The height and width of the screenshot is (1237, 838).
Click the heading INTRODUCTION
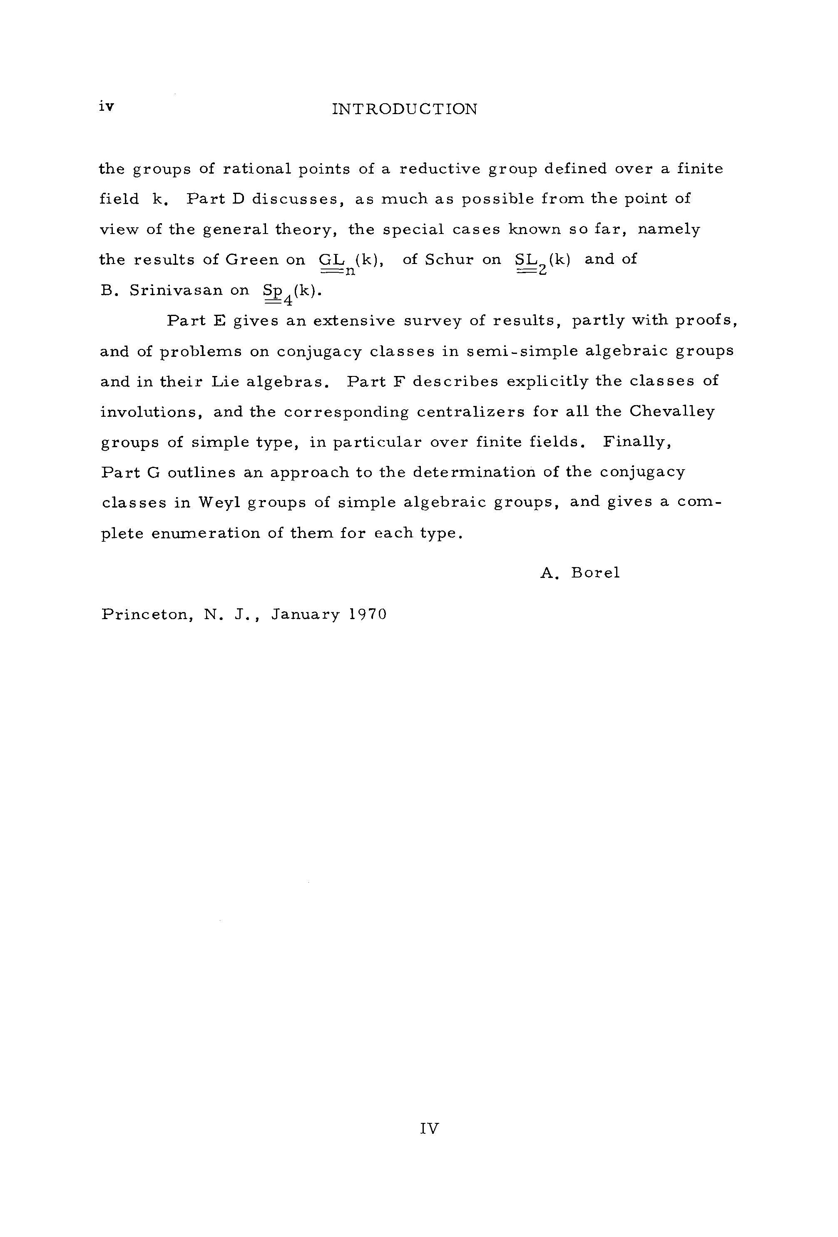404,109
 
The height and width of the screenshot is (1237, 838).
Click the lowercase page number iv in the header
107,107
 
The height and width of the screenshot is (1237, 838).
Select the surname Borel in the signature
595,573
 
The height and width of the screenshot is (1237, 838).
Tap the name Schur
449,260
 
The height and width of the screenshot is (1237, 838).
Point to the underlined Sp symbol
273,291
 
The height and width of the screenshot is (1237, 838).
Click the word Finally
637,442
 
